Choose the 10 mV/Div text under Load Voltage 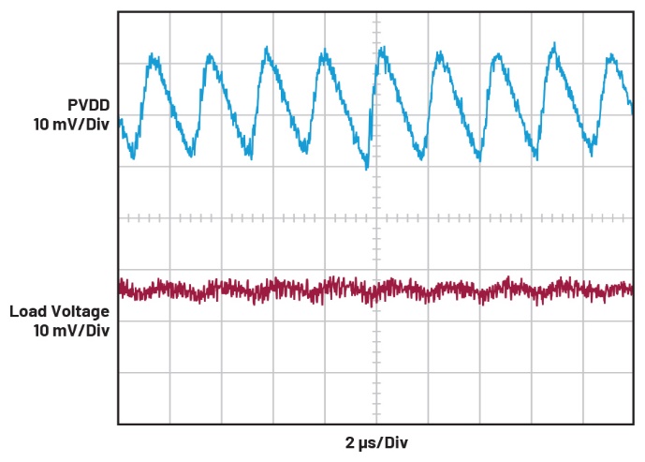click(x=71, y=330)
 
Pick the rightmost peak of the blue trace click(x=613, y=55)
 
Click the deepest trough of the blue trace click(x=367, y=169)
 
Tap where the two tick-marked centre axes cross click(x=375, y=217)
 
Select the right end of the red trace click(x=632, y=289)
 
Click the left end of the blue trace click(x=120, y=131)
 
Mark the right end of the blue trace click(x=632, y=110)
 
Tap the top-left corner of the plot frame click(x=118, y=12)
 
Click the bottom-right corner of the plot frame click(x=633, y=424)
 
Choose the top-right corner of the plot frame click(x=633, y=12)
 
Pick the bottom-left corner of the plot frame click(x=118, y=424)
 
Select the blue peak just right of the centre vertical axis click(x=381, y=49)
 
